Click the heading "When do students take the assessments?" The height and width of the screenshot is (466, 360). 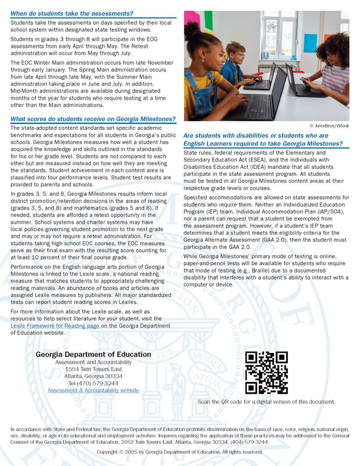[72, 13]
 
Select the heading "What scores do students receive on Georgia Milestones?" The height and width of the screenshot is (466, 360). [93, 119]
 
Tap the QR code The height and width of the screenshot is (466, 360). [266, 373]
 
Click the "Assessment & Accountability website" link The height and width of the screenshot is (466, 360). [93, 390]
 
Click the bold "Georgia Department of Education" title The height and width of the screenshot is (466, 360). [93, 354]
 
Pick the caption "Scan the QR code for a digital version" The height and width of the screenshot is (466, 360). [266, 402]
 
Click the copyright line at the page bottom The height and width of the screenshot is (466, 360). [179, 451]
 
